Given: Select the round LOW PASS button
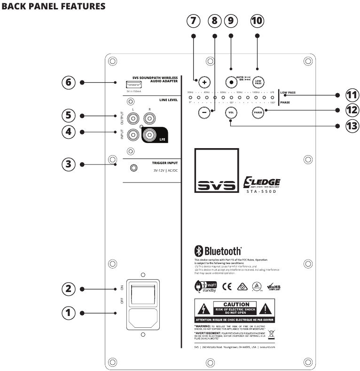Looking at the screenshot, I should tap(258, 81).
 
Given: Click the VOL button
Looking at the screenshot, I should tap(231, 113).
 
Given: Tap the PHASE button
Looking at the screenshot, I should tap(258, 113).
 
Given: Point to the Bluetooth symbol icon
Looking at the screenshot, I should tap(198, 251).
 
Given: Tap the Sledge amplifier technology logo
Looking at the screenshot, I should tap(262, 183).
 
